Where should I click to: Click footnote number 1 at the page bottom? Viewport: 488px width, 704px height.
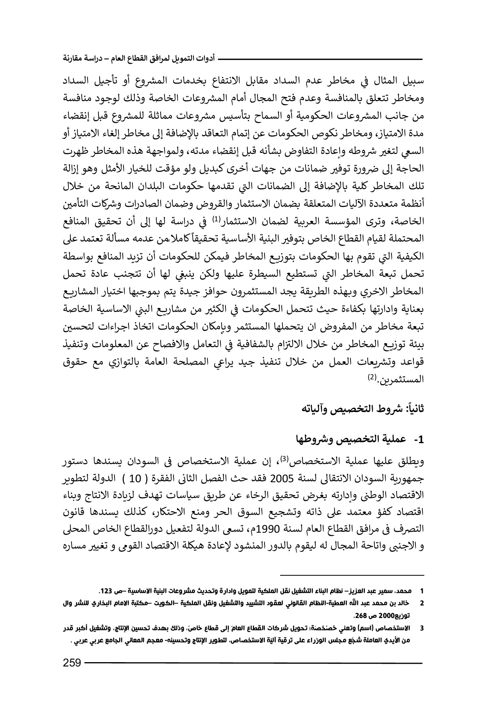click(x=421, y=589)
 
